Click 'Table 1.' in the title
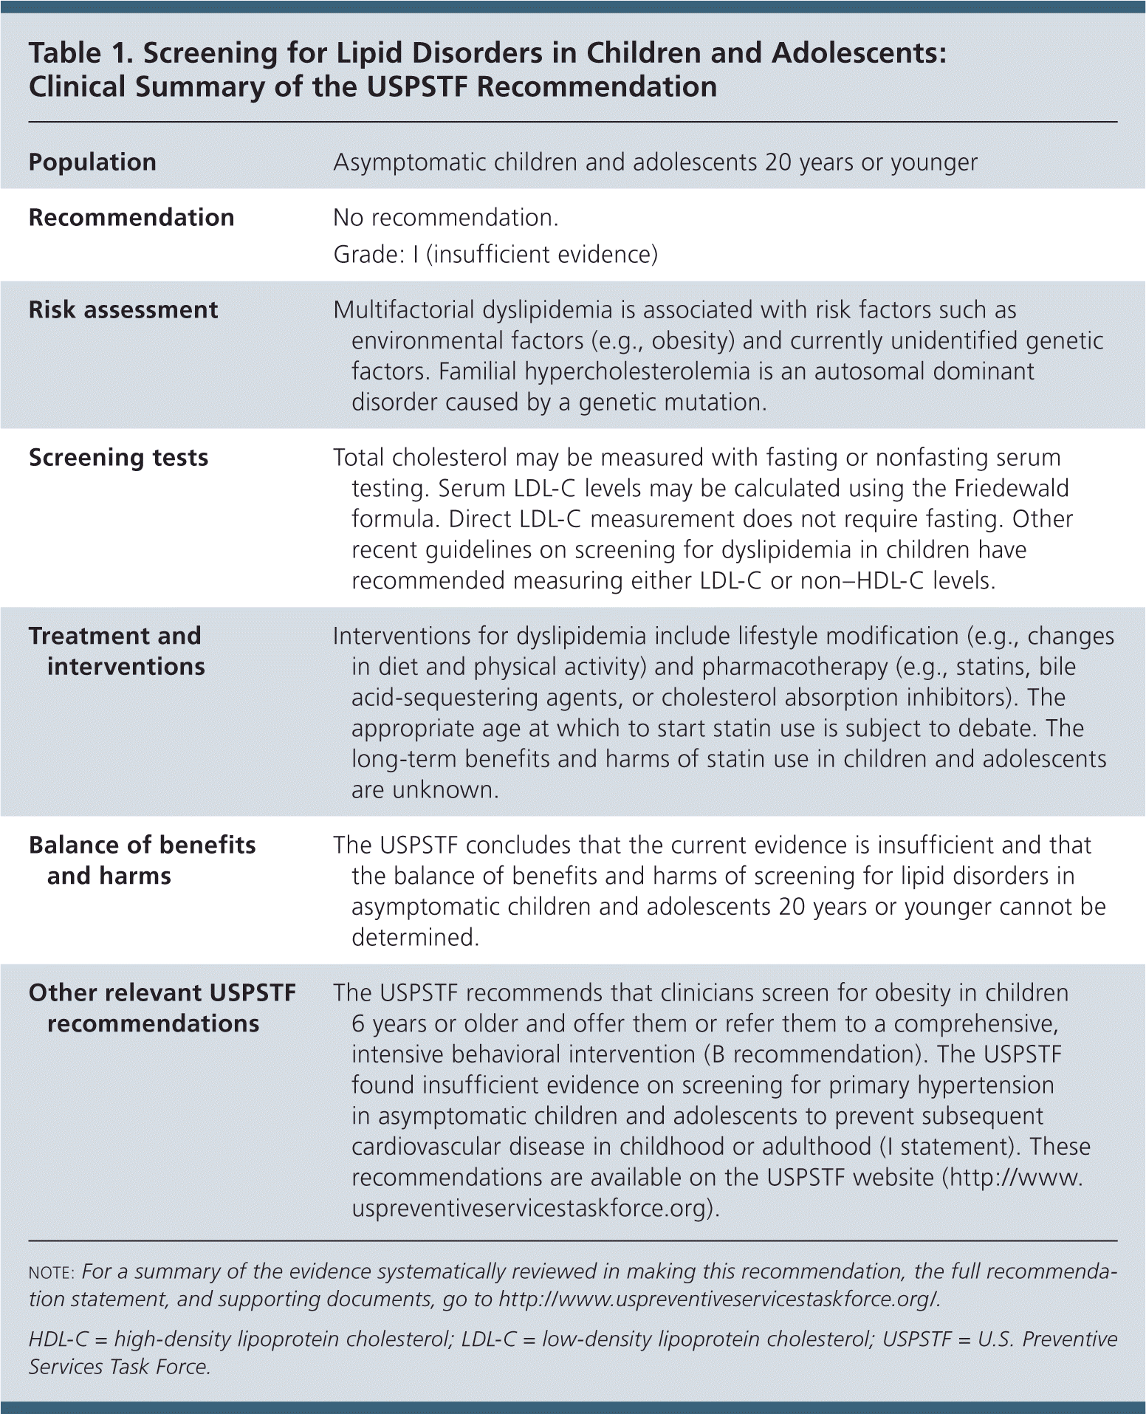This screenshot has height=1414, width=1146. click(x=80, y=53)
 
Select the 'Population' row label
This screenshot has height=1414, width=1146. click(x=92, y=162)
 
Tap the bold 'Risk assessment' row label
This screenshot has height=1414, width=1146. click(x=123, y=310)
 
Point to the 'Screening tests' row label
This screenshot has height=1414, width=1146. click(x=118, y=458)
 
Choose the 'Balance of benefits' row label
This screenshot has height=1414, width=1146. click(x=142, y=845)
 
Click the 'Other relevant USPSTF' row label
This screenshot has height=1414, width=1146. click(x=162, y=993)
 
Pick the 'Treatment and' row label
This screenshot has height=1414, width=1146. click(x=114, y=636)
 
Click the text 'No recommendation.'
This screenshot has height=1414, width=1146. click(x=445, y=218)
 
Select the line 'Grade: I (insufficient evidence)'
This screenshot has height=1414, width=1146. click(x=495, y=255)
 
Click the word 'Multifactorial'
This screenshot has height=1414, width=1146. click(x=402, y=310)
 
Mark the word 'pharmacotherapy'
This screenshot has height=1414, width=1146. click(x=795, y=667)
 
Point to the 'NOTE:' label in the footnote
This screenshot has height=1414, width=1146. click(x=51, y=1273)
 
